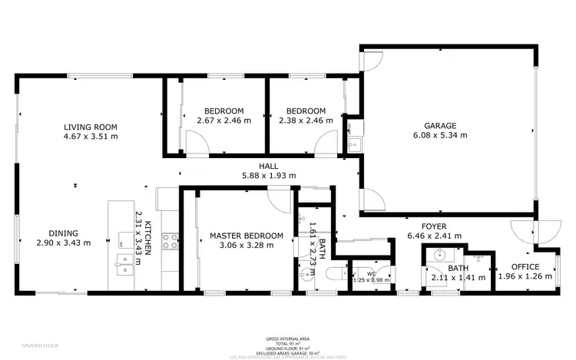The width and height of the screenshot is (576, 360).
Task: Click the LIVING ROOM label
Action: (x=90, y=127)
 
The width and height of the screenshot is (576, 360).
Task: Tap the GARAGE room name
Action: (x=440, y=126)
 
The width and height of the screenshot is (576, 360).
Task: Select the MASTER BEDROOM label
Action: (x=240, y=236)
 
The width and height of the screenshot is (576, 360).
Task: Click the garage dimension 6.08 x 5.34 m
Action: (x=440, y=135)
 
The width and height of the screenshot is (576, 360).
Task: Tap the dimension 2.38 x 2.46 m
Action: (x=302, y=120)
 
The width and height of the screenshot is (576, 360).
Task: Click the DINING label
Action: (x=63, y=233)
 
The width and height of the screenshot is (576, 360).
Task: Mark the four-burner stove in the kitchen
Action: (x=170, y=242)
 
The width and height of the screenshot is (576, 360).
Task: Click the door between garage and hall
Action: (x=371, y=200)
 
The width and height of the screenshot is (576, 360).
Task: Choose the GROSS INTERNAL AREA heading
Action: (x=288, y=337)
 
